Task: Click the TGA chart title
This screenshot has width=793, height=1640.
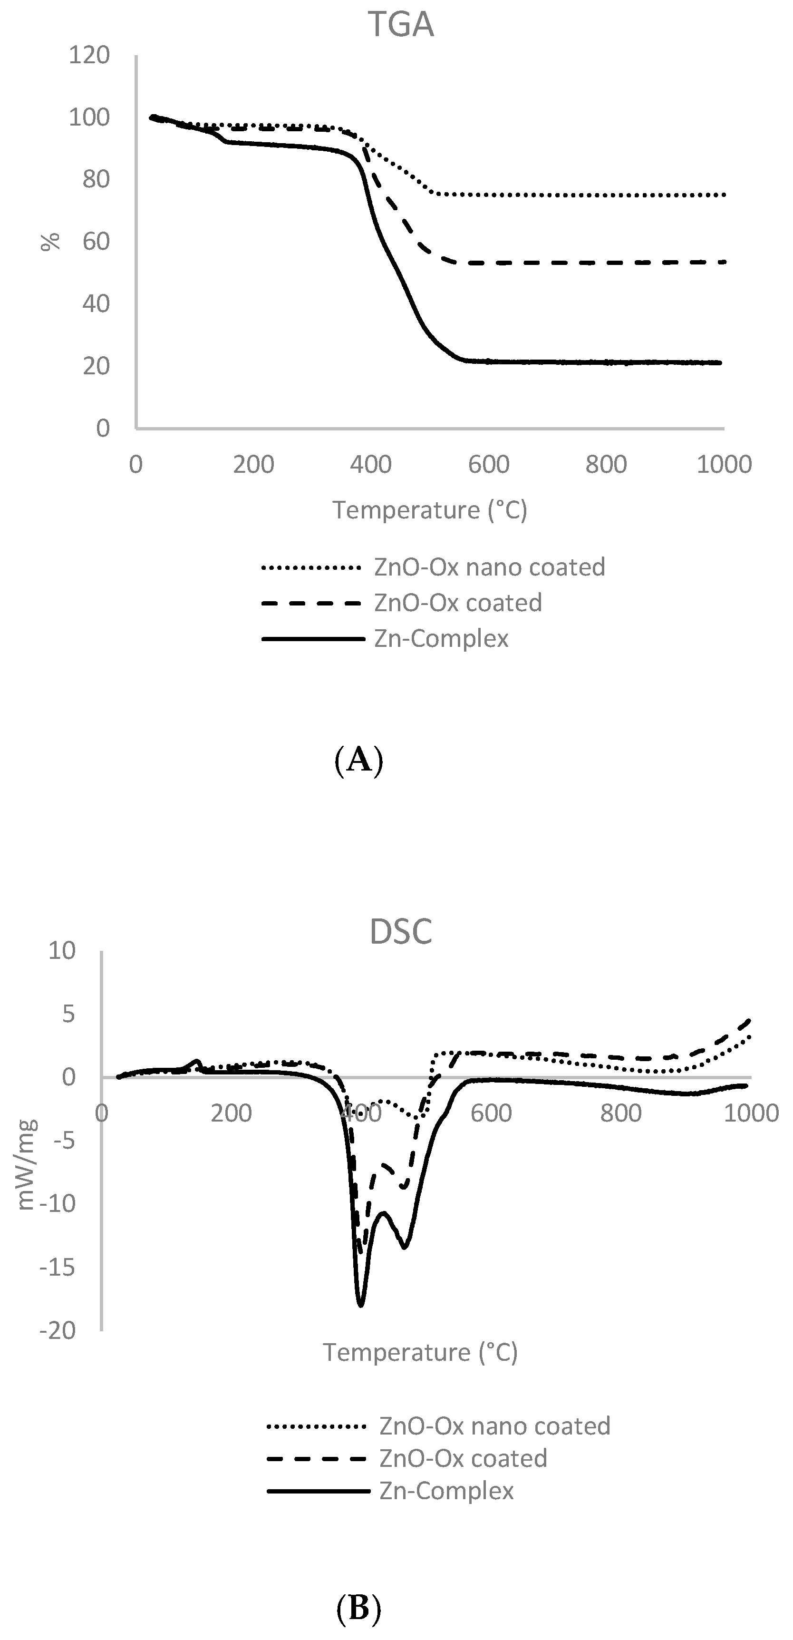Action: pyautogui.click(x=401, y=26)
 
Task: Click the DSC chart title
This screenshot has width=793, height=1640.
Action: pyautogui.click(x=401, y=931)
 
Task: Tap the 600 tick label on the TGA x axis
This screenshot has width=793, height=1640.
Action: pyautogui.click(x=488, y=465)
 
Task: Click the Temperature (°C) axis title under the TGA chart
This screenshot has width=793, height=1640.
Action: pyautogui.click(x=430, y=510)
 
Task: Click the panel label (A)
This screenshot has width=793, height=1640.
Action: pyautogui.click(x=358, y=760)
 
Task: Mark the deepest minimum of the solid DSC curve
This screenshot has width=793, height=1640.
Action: pyautogui.click(x=361, y=1305)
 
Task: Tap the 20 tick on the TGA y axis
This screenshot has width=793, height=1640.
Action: pyautogui.click(x=96, y=366)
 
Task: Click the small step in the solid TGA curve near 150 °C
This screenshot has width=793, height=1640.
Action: pyautogui.click(x=223, y=139)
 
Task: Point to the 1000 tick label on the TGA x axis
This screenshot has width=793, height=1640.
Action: pyautogui.click(x=724, y=465)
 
